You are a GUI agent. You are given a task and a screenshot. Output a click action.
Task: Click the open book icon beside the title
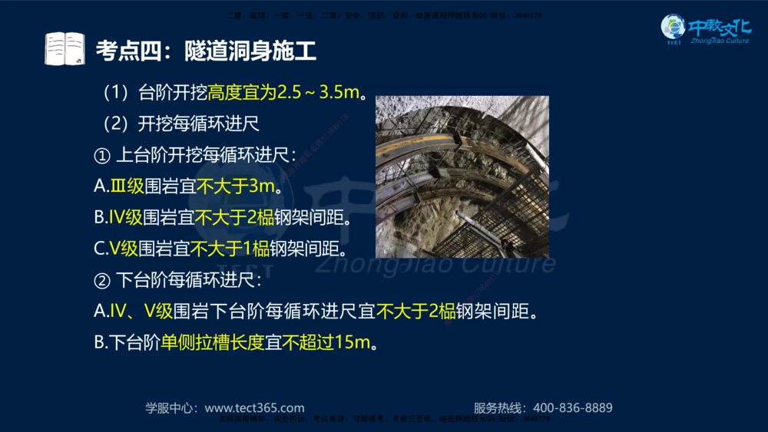(x=65, y=49)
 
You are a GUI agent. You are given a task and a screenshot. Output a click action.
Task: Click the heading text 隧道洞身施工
(x=250, y=51)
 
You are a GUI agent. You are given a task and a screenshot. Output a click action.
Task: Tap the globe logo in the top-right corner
(x=673, y=28)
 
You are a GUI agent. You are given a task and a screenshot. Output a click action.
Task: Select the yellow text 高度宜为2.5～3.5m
(x=283, y=94)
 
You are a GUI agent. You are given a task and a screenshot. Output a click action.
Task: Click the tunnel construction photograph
(x=462, y=176)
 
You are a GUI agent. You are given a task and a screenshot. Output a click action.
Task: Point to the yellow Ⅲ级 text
(x=126, y=186)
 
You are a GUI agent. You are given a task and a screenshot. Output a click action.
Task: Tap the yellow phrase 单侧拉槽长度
(x=212, y=342)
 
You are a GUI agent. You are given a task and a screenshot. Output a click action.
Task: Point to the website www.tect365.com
(x=254, y=408)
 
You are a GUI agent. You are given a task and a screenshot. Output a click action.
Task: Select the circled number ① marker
(x=102, y=156)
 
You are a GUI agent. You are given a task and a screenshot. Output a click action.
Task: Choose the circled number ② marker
(x=102, y=280)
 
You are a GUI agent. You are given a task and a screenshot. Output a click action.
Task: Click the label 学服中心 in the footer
(x=171, y=408)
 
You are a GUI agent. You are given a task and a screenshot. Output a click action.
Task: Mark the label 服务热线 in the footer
(x=498, y=408)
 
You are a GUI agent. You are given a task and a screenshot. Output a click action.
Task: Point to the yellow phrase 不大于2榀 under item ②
(x=415, y=312)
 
